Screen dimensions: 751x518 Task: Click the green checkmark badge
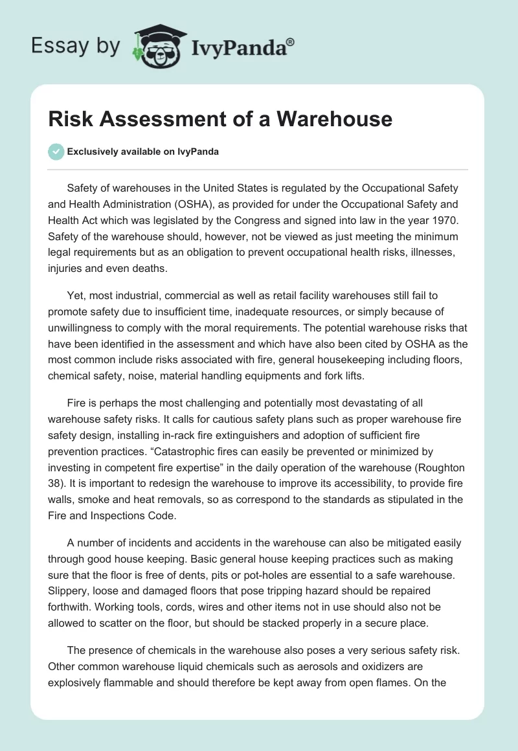tap(56, 151)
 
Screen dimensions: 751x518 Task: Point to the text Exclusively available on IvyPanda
tap(143, 151)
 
